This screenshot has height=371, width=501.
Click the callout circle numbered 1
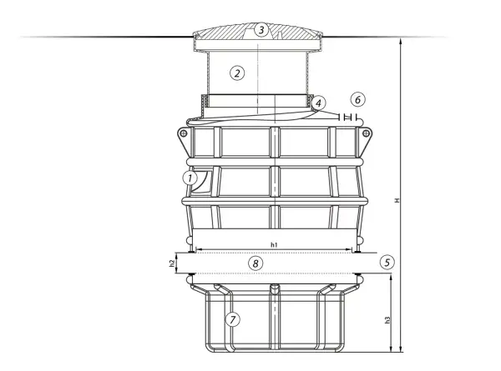point(190,178)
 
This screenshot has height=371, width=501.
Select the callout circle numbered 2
point(237,73)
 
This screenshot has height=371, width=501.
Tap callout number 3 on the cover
point(261,30)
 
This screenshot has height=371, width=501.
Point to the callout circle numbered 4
point(318,103)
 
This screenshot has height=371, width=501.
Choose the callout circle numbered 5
point(387,263)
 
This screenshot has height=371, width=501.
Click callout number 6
point(358,99)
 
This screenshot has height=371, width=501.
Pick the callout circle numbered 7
point(233,319)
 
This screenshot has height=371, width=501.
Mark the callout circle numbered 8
point(256,263)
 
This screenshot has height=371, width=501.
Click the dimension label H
point(397,200)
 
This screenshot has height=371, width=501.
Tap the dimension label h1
point(274,244)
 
